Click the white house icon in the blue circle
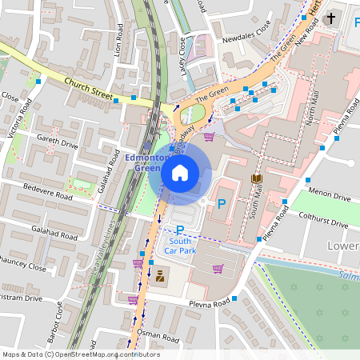(180, 172)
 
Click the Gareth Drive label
(58, 141)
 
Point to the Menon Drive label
(330, 196)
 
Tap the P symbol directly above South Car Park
(180, 230)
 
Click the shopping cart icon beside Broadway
(210, 137)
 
